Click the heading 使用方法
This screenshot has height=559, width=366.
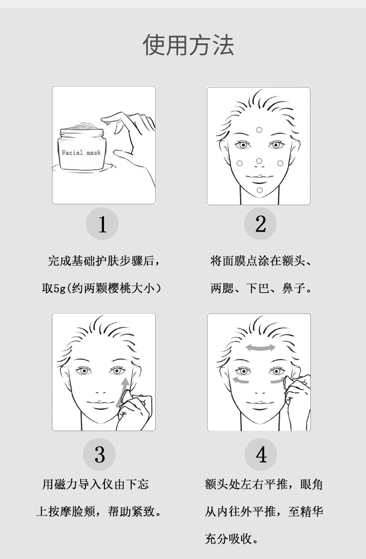coord(188,45)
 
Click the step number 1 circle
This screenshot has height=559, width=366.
coord(102,223)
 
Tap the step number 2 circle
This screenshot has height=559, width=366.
coord(261,223)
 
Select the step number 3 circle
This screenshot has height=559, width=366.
coord(100,454)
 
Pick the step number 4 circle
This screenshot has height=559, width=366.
coord(261,454)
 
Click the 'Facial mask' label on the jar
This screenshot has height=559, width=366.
coord(81,153)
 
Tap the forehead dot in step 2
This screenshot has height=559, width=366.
coord(259,130)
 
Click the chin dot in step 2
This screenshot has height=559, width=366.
coord(260,190)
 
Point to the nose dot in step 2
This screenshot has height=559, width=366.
coord(259,161)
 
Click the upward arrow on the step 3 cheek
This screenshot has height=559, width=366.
coord(122,392)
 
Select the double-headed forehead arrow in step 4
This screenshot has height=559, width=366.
coord(261,348)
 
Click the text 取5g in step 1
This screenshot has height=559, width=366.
coord(54,288)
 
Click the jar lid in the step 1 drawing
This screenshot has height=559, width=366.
coord(82,131)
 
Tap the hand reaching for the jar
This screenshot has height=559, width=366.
coord(132,146)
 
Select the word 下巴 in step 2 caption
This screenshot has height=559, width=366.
coord(258,288)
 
